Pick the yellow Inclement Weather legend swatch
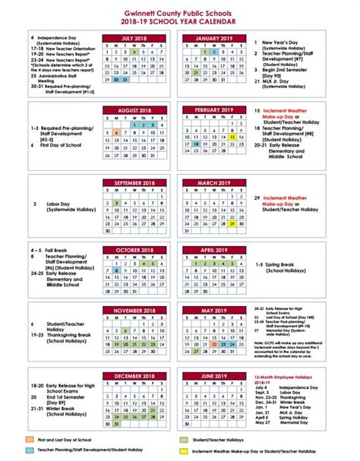[185, 450]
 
